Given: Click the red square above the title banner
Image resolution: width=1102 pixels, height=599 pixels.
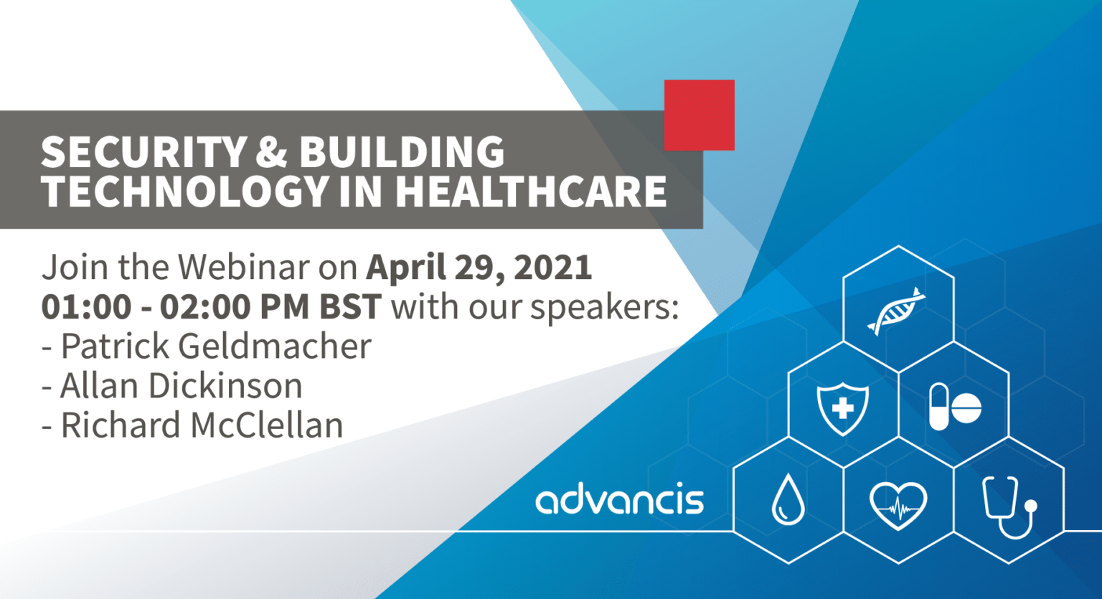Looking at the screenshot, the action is click(699, 115).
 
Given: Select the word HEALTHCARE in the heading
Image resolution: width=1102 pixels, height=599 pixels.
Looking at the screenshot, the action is click(531, 191).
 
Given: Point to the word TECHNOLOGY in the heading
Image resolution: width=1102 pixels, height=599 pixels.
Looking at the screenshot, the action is click(185, 191).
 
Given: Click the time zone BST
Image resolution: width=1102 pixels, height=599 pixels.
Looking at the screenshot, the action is click(350, 306).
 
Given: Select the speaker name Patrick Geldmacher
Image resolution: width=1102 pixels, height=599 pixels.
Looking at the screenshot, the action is click(216, 346).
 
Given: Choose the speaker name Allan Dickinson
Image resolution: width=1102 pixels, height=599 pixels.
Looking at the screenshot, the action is click(181, 385).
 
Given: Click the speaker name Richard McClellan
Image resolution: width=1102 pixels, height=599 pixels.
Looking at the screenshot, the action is click(202, 425).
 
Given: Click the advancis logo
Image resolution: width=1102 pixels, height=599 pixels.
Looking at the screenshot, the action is click(620, 498).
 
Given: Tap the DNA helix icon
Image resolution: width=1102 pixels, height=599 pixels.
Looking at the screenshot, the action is click(896, 311).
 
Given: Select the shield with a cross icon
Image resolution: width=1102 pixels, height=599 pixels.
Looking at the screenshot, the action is click(843, 409).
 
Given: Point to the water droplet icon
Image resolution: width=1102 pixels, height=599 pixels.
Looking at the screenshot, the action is click(788, 500).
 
